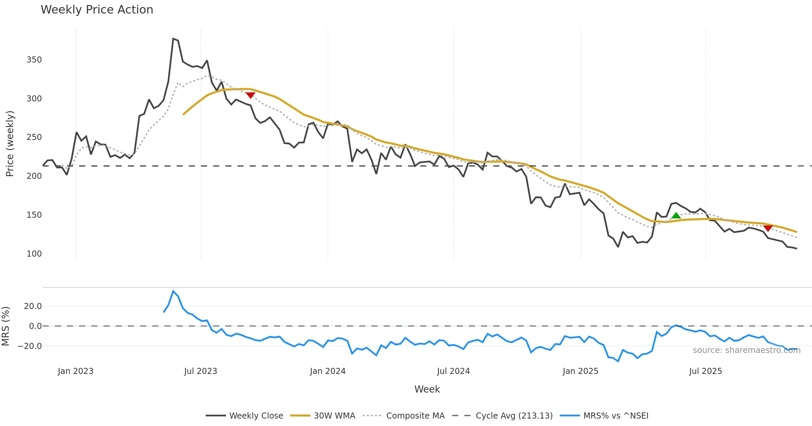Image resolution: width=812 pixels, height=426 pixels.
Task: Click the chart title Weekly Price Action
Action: pos(97,10)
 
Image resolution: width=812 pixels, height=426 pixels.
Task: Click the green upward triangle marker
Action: pos(676,215)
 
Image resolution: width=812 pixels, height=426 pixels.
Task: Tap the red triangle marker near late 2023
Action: pos(250,95)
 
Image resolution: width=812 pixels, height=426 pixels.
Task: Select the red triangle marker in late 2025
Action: pos(768,228)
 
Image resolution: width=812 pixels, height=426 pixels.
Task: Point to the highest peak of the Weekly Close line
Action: pos(173,39)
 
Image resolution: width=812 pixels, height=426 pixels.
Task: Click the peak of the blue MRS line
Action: pos(173,291)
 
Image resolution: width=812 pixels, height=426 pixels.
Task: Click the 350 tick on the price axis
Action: pos(34,60)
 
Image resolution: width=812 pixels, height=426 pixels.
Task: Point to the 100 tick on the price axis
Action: pos(34,254)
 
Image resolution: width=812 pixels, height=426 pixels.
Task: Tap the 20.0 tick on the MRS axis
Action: pos(33,306)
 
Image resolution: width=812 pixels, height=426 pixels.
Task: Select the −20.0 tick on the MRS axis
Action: pos(30,346)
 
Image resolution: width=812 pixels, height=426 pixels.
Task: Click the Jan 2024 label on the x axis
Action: pos(328,371)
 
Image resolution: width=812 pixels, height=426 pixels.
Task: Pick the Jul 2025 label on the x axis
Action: pos(705,371)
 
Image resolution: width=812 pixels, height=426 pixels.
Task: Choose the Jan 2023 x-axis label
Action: pos(75,371)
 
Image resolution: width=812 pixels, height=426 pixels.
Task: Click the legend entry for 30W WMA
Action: pos(334,416)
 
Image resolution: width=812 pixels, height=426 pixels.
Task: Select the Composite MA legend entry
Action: pos(415,416)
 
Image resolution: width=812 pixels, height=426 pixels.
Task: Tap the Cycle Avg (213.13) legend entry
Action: pos(514,416)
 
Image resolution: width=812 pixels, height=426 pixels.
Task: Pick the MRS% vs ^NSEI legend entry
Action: pos(616,416)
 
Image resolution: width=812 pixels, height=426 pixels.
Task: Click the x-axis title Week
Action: pos(427,389)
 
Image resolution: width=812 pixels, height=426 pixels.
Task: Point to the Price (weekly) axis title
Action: pos(10,144)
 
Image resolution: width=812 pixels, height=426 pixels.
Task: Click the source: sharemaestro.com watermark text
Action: pos(747,350)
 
